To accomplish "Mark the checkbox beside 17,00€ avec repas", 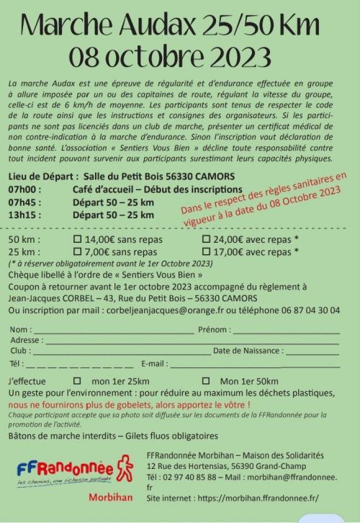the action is [206, 252].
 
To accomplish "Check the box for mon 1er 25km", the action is [77, 381].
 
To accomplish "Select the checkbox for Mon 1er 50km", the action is [206, 381].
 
